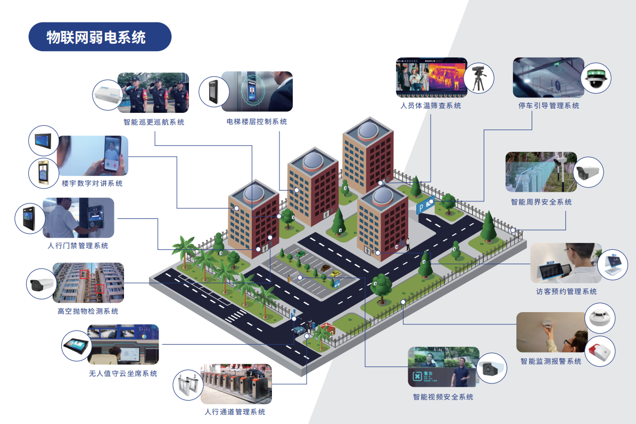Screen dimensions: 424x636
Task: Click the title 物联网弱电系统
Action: pos(96,37)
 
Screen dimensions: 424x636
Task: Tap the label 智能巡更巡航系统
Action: pos(154,122)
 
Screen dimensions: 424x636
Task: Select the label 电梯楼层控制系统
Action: pos(257,122)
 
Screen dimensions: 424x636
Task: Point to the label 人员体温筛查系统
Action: pos(431,106)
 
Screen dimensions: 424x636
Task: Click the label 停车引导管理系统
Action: pos(549,106)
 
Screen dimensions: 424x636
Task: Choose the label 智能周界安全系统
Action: pos(541,202)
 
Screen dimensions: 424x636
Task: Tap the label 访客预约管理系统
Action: pos(566,292)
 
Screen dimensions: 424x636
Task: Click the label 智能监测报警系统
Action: pos(551,362)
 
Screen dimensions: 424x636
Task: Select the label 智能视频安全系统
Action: pos(443,397)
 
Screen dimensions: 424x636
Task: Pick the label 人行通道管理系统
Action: pos(235,412)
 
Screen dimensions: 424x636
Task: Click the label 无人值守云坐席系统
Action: pos(123,374)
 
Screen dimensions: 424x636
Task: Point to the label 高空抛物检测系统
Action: pos(88,312)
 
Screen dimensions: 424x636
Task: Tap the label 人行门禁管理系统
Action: pos(78,246)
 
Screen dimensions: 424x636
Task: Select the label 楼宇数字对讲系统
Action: pos(92,184)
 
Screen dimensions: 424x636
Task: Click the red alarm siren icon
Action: pos(600,352)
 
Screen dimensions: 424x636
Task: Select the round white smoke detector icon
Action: pos(600,319)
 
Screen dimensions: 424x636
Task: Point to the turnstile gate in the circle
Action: pos(189,385)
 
